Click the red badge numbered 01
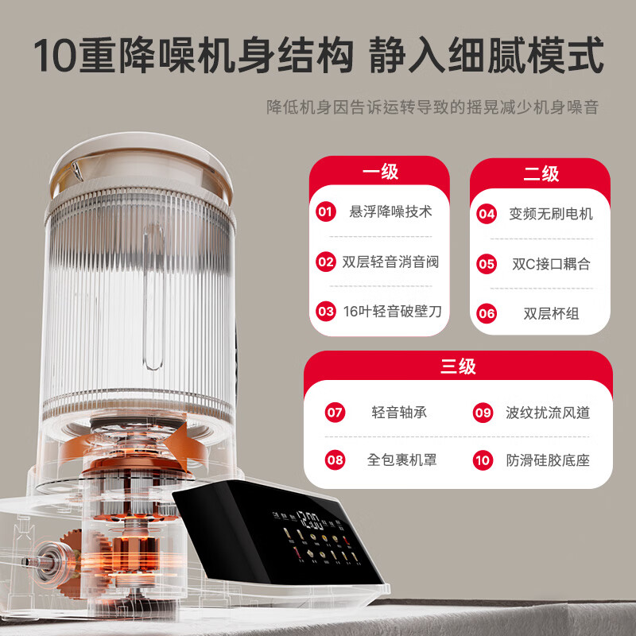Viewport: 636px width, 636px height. coord(325,212)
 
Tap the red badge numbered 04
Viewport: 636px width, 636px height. coord(487,214)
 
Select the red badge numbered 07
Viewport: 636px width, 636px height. coord(335,413)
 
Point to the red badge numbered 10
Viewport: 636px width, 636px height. coord(483,460)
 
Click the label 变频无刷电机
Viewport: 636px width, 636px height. coord(551,214)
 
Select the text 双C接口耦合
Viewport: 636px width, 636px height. coord(551,264)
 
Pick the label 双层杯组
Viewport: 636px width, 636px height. coord(551,313)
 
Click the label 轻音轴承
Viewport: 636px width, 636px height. coord(399,413)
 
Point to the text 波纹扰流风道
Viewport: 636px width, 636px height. coord(548,413)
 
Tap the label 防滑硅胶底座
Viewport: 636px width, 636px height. coord(548,460)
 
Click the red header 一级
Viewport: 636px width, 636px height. coord(379,172)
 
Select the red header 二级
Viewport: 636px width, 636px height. coord(541,173)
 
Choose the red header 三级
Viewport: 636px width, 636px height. coord(458,366)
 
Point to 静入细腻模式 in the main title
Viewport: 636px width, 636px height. coord(487,57)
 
